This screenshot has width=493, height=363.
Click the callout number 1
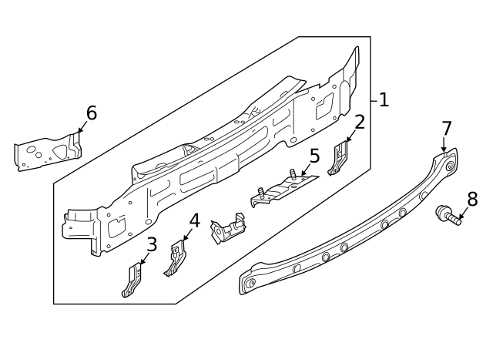point(384,99)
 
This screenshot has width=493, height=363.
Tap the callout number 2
point(359,122)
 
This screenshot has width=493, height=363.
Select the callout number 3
point(152,245)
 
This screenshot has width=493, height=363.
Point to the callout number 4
point(194,221)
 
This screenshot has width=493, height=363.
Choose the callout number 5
point(314,156)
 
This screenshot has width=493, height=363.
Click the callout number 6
point(91,113)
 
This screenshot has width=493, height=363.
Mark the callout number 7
point(447,128)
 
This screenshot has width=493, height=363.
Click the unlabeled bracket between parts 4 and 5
point(229,230)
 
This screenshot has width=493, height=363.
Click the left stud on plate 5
point(262,192)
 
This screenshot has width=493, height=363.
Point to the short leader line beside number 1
point(374,99)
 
